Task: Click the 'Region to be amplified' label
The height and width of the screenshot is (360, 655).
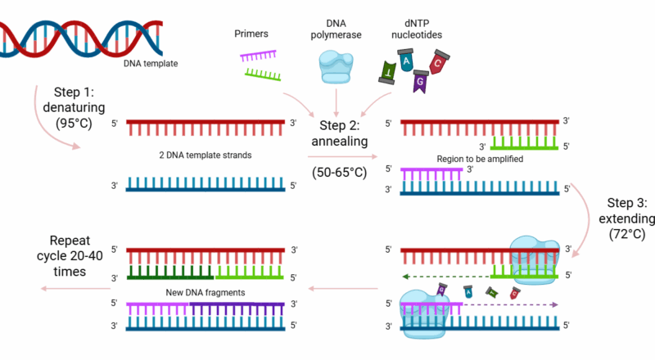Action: [x=460, y=159]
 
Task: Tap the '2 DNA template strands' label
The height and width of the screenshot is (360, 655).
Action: [x=194, y=154]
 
